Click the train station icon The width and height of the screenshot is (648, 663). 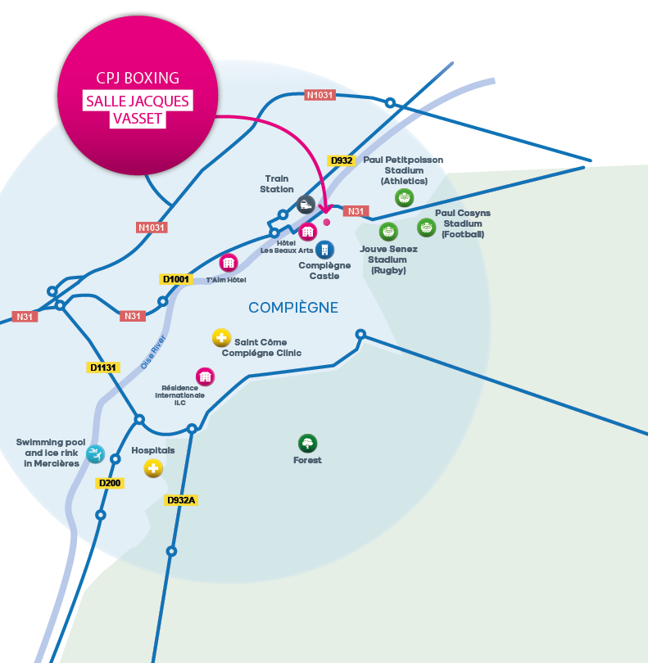click(306, 205)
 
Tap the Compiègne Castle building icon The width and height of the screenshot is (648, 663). click(325, 249)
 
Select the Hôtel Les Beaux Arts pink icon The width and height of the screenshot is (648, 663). click(308, 232)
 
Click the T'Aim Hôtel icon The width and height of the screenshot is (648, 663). click(229, 263)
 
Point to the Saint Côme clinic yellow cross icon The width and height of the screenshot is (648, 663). click(220, 336)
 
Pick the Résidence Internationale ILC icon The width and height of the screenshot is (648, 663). click(205, 376)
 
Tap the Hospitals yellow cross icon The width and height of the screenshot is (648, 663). click(153, 468)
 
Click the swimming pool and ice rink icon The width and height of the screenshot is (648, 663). click(96, 453)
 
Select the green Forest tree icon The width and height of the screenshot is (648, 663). click(307, 443)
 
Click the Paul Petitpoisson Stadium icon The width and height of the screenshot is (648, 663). click(404, 197)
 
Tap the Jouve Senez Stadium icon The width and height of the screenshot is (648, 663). click(388, 232)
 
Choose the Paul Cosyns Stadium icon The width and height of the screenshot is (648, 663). click(426, 227)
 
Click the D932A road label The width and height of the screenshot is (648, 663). click(182, 500)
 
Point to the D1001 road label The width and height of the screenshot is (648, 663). click(176, 279)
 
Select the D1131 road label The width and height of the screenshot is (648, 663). click(103, 368)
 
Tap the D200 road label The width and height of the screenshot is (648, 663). click(110, 483)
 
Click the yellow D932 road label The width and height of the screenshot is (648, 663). click(341, 161)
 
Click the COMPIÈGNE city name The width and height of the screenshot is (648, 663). click(293, 308)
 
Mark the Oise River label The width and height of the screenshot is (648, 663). click(153, 351)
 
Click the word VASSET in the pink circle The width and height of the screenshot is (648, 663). click(138, 119)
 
